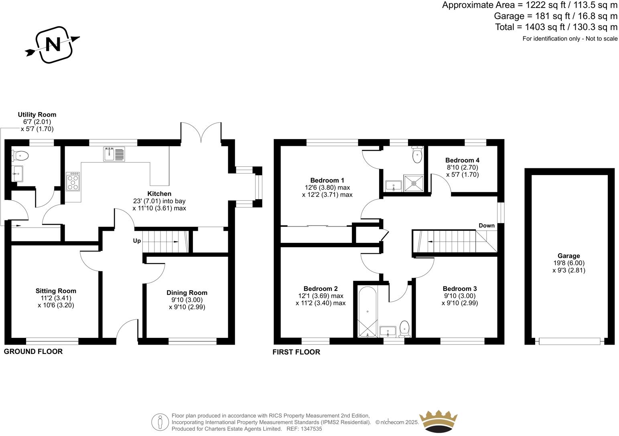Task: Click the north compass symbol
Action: tap(53, 44)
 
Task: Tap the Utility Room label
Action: tap(37, 115)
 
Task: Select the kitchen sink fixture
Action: tap(114, 154)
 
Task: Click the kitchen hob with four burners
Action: tap(73, 182)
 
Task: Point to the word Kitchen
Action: tap(159, 194)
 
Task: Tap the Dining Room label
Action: tap(187, 293)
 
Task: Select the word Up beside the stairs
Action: tap(137, 241)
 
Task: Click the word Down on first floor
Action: tap(487, 226)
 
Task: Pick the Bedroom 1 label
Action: tap(327, 180)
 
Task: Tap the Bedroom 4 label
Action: tap(462, 160)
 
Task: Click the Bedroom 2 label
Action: tap(321, 289)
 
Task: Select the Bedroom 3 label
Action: tap(460, 289)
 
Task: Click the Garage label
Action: tap(568, 256)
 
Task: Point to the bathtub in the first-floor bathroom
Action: tap(367, 311)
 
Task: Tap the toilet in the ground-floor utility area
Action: tap(21, 155)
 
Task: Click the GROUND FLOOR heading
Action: tap(33, 351)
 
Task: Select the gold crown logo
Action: tap(438, 421)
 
